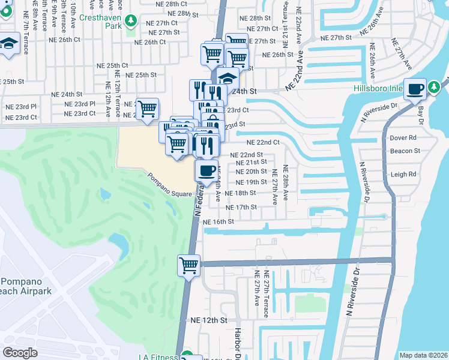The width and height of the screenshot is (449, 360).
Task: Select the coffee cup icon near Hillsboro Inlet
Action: click(415, 90)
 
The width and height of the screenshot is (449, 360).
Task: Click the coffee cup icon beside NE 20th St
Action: click(206, 170)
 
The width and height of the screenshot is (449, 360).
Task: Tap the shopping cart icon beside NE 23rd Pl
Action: click(147, 110)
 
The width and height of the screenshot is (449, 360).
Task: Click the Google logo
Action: click(20, 353)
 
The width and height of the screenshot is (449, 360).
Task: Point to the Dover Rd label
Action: click(403, 137)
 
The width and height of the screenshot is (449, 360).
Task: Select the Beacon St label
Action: click(403, 151)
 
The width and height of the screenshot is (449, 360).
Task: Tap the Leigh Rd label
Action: click(403, 175)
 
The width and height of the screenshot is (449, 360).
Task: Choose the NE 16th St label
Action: click(218, 221)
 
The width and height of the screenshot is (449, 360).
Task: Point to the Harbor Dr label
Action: click(238, 344)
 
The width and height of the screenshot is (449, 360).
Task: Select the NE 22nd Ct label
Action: click(264, 142)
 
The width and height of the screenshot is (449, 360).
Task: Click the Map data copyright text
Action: click(423, 355)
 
